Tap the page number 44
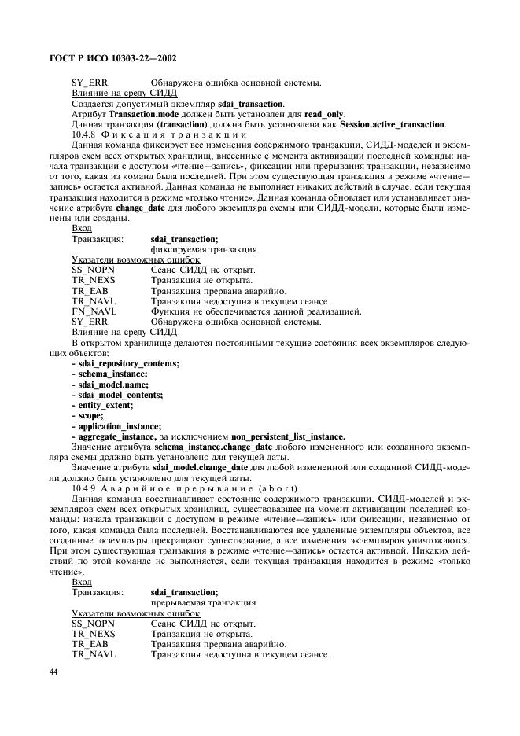54,672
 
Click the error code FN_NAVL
94,311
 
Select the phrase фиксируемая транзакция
205,249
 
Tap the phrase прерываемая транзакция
205,602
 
